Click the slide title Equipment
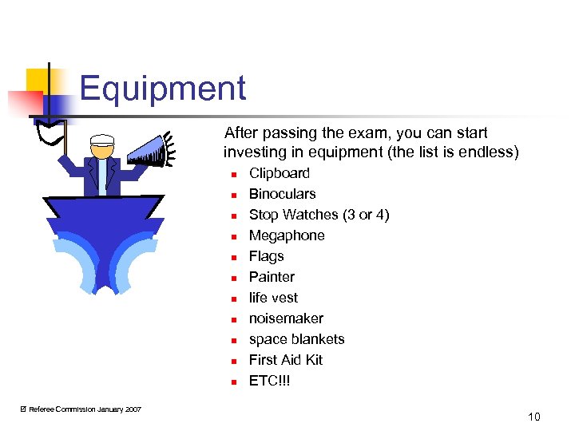162,89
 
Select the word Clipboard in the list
279,173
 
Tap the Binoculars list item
282,194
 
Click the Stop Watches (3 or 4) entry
319,215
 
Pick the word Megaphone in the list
287,235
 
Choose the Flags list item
266,256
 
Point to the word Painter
272,277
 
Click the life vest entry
273,298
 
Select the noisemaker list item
286,318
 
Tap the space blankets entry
296,339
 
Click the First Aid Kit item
285,360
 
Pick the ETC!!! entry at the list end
270,381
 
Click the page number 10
533,417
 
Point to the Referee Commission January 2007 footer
81,409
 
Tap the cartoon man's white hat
102,143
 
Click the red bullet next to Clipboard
233,174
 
